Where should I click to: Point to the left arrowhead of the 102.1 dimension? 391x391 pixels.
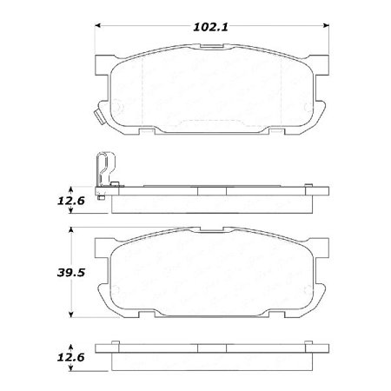click(x=97, y=27)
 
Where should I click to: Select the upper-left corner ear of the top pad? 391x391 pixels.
click(x=103, y=62)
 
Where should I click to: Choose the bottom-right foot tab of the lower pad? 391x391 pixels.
click(x=282, y=318)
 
